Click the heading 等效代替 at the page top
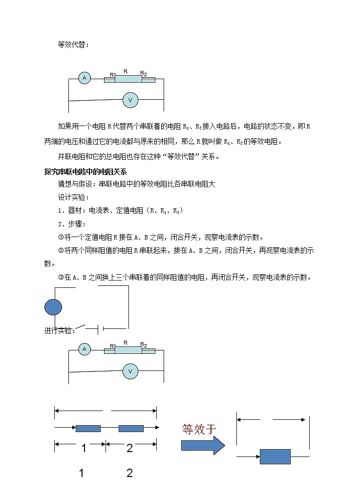pos(73,44)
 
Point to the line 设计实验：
pos(73,197)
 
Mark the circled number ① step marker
pos(61,238)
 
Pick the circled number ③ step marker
pos(61,277)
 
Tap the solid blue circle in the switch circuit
pos(53,307)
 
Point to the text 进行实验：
pos(60,331)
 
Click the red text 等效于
pos(199,429)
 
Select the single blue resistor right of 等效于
pos(275,456)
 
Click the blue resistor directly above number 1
pos(88,428)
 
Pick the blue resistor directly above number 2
pos(131,428)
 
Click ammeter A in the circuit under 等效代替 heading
pos(85,78)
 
